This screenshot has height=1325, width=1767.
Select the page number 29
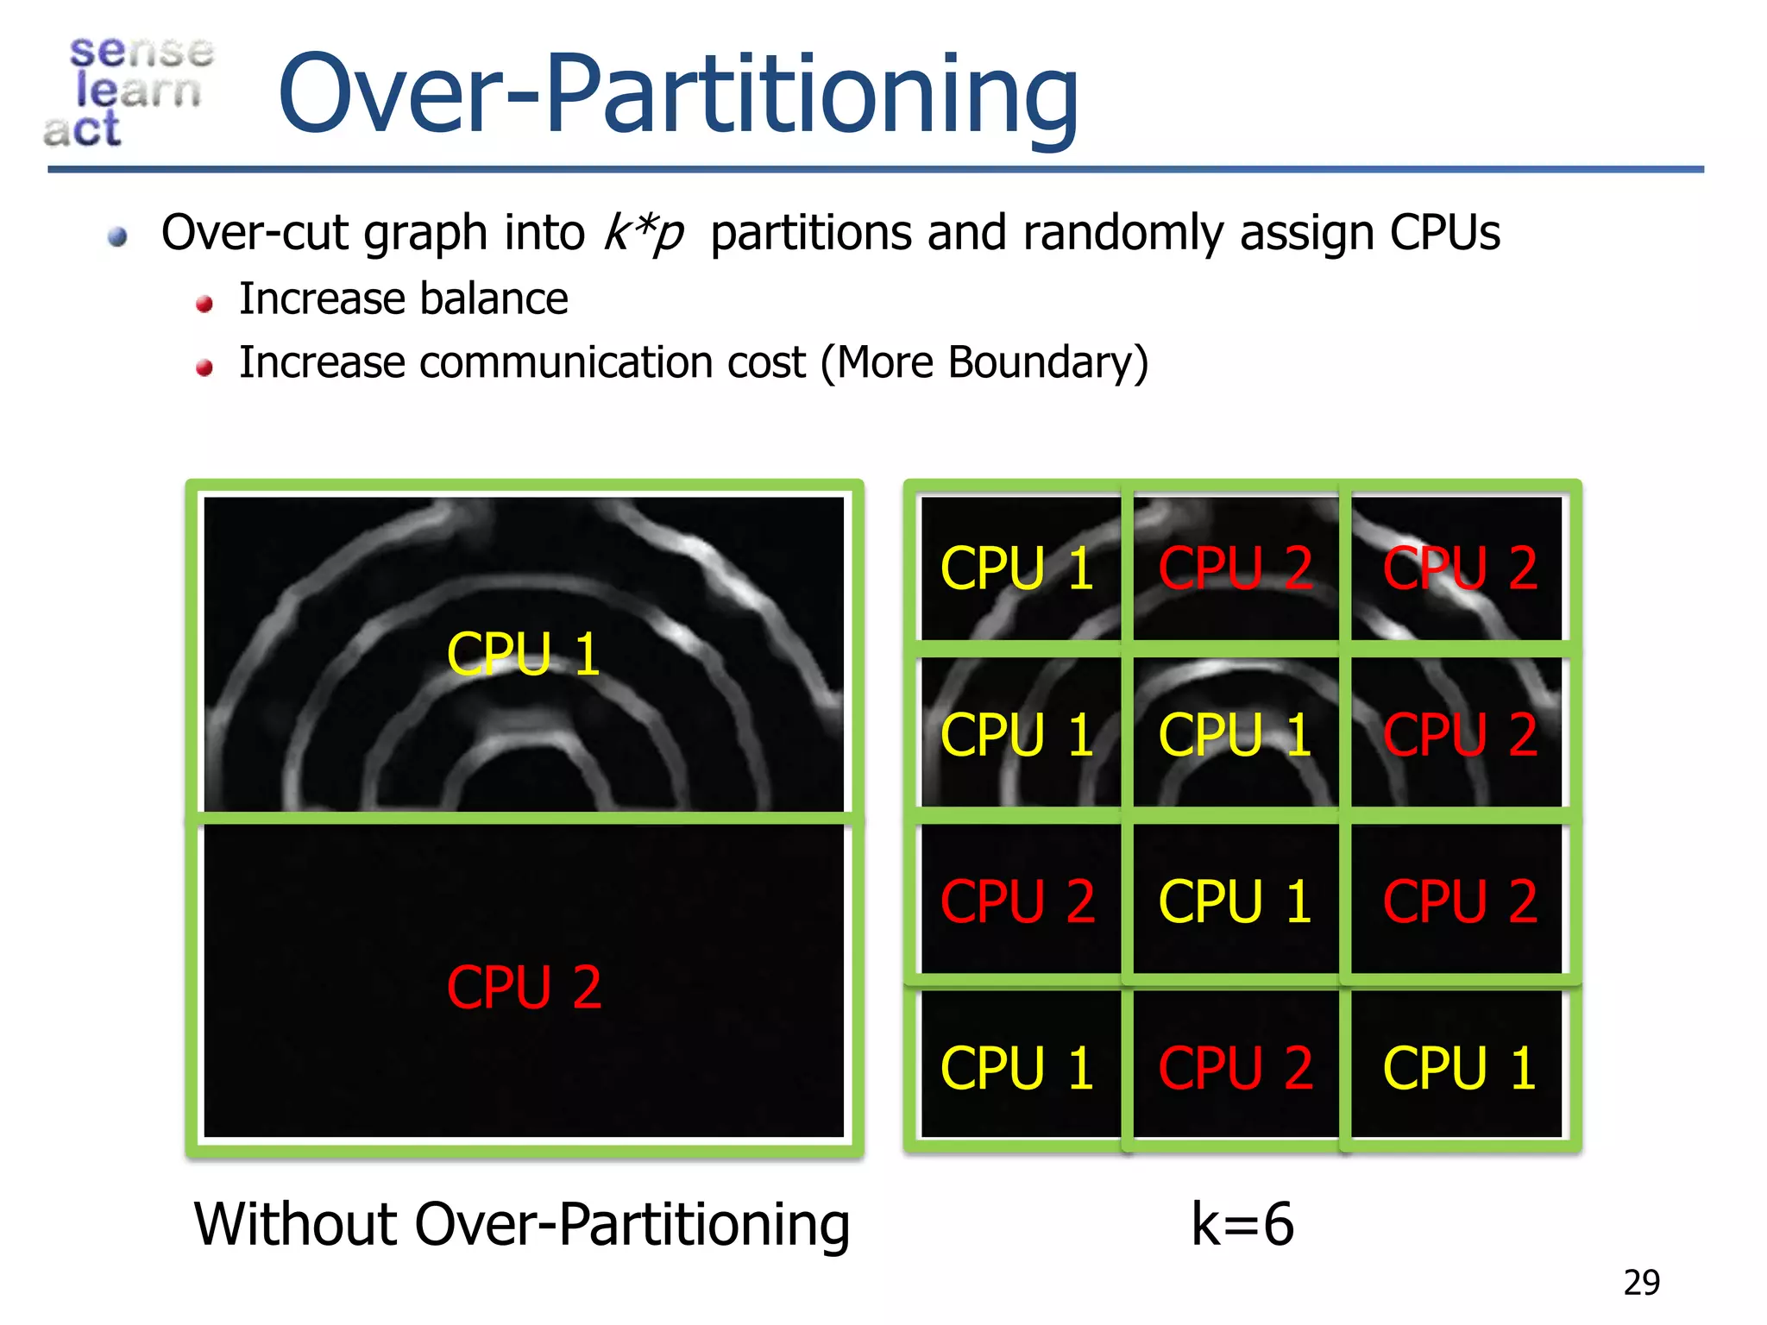(1641, 1283)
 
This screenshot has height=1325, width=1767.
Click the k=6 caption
(1242, 1224)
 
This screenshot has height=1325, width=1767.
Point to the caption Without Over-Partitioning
(521, 1224)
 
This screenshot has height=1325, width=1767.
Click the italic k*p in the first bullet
(644, 232)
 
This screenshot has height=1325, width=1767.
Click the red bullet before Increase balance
(204, 304)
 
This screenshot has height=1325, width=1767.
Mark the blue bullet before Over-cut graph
(118, 236)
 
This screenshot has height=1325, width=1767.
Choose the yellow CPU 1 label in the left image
(523, 653)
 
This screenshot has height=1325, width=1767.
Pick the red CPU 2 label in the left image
(523, 987)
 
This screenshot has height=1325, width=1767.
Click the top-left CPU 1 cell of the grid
(1017, 568)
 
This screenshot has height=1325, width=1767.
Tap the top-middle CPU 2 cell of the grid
(1235, 568)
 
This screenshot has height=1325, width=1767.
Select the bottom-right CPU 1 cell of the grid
(1459, 1068)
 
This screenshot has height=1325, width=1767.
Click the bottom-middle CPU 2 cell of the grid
(1235, 1068)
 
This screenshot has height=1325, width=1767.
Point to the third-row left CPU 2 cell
(1017, 901)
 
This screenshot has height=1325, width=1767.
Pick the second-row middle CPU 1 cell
(1235, 735)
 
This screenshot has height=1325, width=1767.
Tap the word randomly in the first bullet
(1122, 232)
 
